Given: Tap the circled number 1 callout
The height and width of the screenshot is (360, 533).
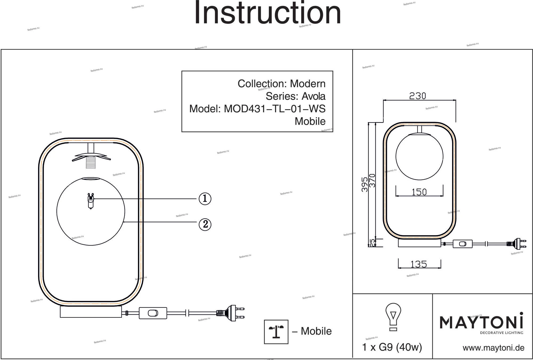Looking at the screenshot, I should pos(205,199).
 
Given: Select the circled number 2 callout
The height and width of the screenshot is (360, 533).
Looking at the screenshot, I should pos(205,224).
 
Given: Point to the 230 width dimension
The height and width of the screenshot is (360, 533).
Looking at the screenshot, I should pos(417,96).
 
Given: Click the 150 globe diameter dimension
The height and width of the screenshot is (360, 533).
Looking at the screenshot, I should pos(419,192).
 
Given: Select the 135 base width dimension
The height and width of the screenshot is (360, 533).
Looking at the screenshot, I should pos(419,264).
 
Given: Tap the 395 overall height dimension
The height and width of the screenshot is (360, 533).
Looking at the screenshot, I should pos(365,184).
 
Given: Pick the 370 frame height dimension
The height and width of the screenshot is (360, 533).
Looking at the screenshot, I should pos(372,181).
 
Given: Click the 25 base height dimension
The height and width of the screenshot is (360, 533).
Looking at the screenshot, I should pos(372,243).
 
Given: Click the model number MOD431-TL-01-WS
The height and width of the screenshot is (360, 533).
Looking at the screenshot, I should pos(274,109).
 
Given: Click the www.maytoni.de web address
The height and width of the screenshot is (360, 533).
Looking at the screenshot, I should pos(493,348).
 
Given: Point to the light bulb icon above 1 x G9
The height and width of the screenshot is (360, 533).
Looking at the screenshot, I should pos(393,317).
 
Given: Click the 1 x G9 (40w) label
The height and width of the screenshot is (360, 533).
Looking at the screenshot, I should pos(392,347).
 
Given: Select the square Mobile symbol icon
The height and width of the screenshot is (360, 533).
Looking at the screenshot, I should pos(276,332).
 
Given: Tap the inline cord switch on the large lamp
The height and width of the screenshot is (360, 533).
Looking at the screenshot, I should pos(153,313).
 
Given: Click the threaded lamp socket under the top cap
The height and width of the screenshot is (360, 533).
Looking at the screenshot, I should pos(91,162).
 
